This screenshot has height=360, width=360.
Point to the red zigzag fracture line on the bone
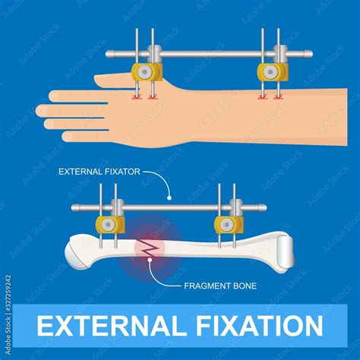148,247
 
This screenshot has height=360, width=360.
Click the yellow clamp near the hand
147,72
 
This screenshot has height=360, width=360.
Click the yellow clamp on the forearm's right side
271,72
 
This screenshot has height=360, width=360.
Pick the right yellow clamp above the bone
228,225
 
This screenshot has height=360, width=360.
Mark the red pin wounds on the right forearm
270,97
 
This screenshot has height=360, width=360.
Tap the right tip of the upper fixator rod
309,54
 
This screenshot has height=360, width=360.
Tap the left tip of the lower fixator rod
74,207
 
